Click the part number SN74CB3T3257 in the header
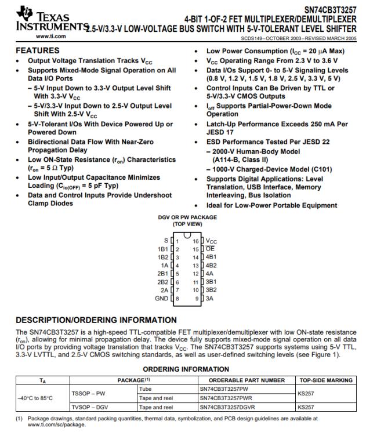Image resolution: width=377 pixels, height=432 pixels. pyautogui.click(x=330, y=9)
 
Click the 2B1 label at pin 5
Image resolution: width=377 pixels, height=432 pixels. pyautogui.click(x=164, y=273)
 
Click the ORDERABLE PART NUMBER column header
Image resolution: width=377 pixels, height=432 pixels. pyautogui.click(x=246, y=380)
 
